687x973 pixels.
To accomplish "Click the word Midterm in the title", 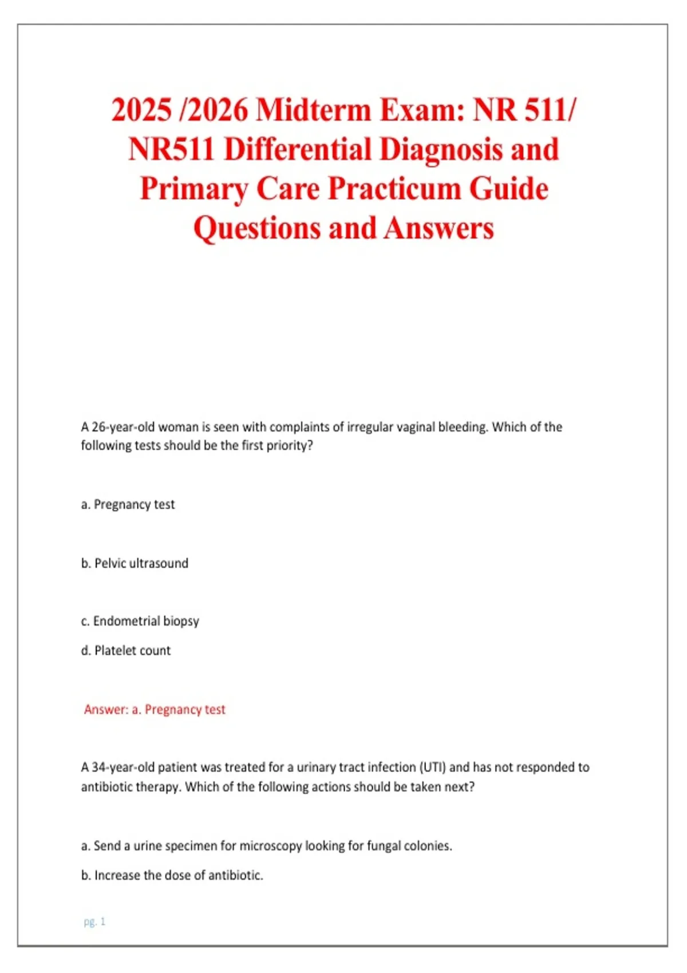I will pyautogui.click(x=313, y=110).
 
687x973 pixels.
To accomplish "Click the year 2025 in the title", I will pyautogui.click(x=141, y=110).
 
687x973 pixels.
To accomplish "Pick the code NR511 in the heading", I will pyautogui.click(x=172, y=149).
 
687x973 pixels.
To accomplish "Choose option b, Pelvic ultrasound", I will pyautogui.click(x=135, y=563).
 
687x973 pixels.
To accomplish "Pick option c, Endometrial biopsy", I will pyautogui.click(x=140, y=621).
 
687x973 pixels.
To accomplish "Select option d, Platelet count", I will pyautogui.click(x=126, y=650).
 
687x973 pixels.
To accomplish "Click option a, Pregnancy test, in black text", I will pyautogui.click(x=128, y=504).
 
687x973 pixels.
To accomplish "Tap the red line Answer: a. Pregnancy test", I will pyautogui.click(x=155, y=710).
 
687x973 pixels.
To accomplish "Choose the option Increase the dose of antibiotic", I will pyautogui.click(x=172, y=875).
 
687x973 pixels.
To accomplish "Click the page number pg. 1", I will pyautogui.click(x=94, y=921).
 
